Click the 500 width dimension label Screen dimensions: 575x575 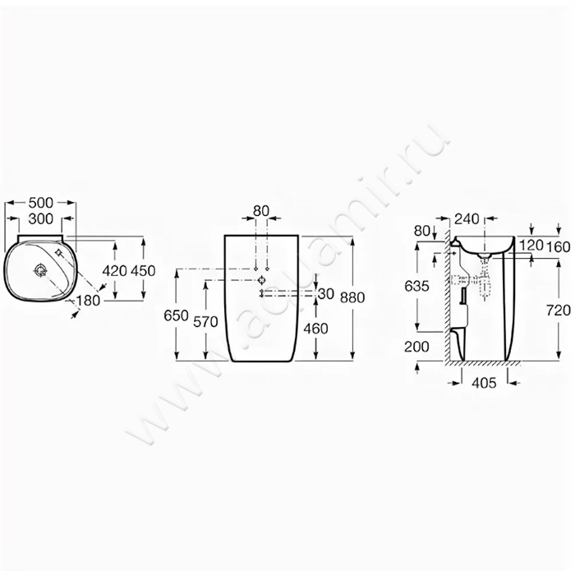pyautogui.click(x=41, y=202)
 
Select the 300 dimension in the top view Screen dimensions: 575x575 pyautogui.click(x=41, y=219)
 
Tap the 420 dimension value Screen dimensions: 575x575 pyautogui.click(x=115, y=271)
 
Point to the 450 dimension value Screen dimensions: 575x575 pyautogui.click(x=143, y=271)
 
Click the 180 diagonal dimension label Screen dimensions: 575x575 pyautogui.click(x=88, y=301)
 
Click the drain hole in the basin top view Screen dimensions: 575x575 pyautogui.click(x=40, y=271)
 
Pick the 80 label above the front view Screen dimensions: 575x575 pyautogui.click(x=261, y=211)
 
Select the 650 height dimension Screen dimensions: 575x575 pyautogui.click(x=176, y=315)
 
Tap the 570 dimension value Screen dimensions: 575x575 pyautogui.click(x=205, y=322)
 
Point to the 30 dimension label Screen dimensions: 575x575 pyautogui.click(x=326, y=294)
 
